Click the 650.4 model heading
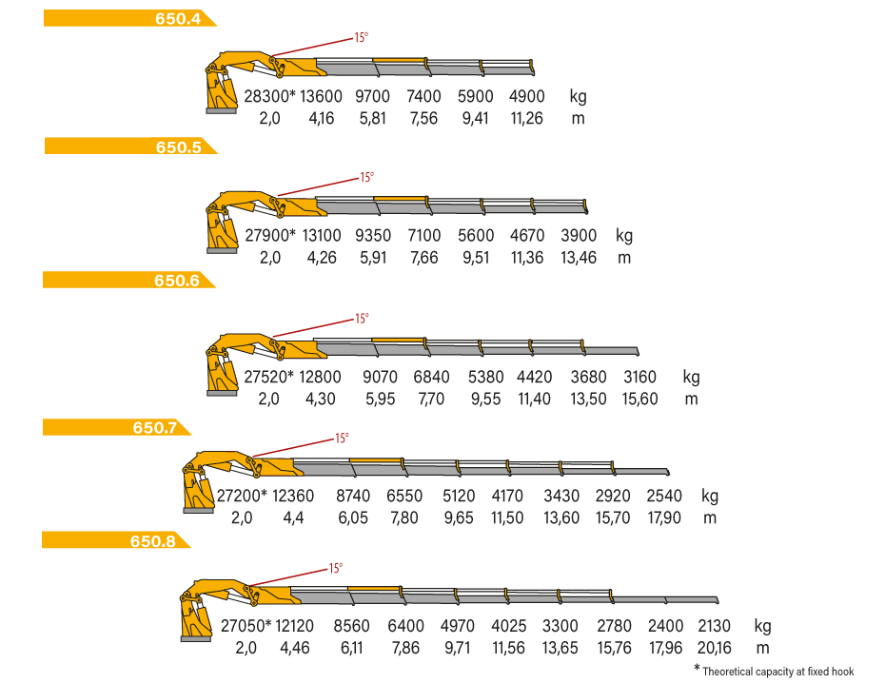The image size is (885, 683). pos(178,19)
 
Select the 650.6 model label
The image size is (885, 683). pos(177,281)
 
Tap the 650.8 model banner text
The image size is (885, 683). pos(152,541)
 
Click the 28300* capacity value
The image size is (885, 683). pos(269,96)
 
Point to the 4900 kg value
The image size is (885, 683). pos(526,96)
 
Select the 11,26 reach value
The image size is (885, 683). pos(526,119)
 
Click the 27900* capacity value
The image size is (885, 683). pos(270,235)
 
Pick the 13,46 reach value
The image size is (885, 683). pos(579,258)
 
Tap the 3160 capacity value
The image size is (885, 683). pos(639,377)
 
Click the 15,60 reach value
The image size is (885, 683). pos(640,399)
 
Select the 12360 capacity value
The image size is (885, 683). pos(293,496)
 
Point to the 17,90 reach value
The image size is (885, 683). pos(664,517)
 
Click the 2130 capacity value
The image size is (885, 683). pos(714,626)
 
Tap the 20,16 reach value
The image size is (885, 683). pos(714,648)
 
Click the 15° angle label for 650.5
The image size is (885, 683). pos(367,177)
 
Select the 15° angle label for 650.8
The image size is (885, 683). pos(336,568)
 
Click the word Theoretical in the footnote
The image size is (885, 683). pos(728,672)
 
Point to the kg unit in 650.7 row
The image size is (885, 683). pos(710,497)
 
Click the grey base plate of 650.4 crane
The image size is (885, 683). pos(221,111)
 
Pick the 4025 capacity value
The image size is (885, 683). pos(508,626)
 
